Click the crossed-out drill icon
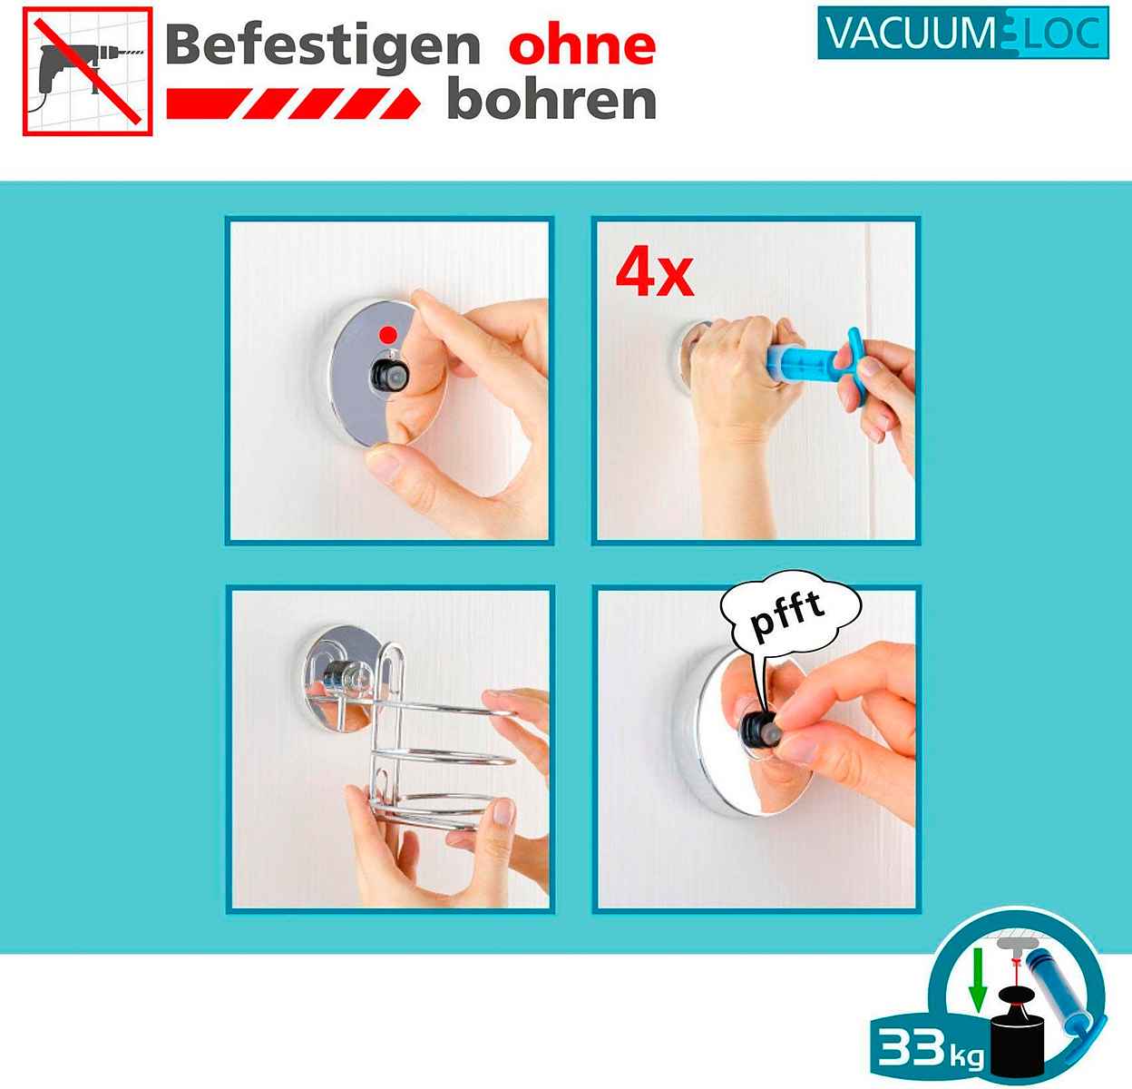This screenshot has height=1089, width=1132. pos(88,71)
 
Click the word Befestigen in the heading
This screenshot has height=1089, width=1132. pos(323,46)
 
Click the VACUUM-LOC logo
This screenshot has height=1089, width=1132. pos(963,33)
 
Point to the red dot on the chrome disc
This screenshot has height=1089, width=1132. pos(387,335)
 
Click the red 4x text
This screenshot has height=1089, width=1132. pos(654,275)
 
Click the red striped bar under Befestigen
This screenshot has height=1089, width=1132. pos(293,103)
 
